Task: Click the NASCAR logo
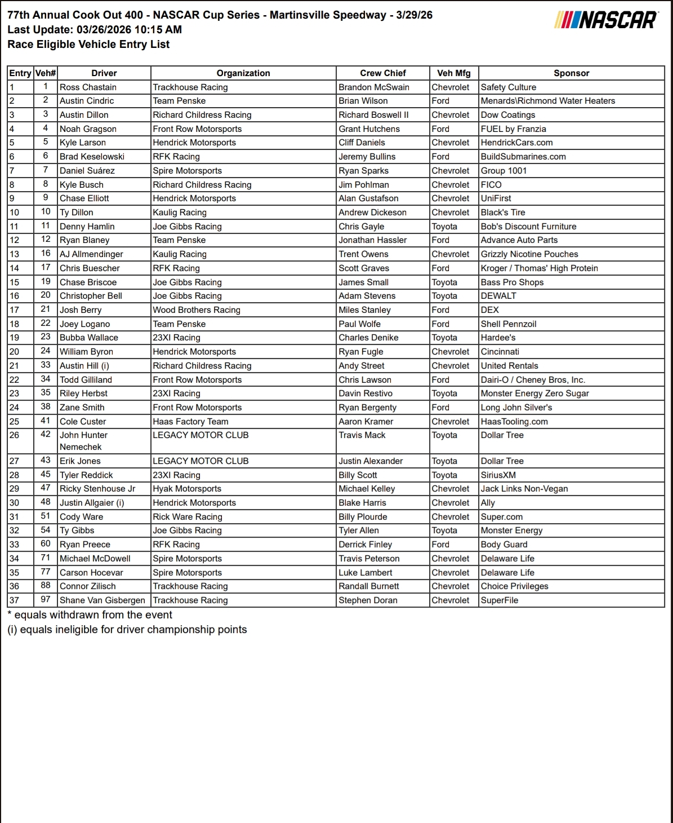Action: click(607, 20)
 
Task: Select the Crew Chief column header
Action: click(383, 73)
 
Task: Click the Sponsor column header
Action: click(571, 73)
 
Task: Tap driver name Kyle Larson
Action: click(83, 143)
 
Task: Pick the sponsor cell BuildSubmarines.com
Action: click(523, 157)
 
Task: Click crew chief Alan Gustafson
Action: click(368, 198)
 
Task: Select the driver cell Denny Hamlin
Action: click(87, 227)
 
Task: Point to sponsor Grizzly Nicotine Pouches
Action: click(529, 254)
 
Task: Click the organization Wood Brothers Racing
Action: click(197, 310)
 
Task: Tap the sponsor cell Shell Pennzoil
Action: click(509, 324)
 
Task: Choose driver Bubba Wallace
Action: click(89, 338)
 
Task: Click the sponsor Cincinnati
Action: click(500, 352)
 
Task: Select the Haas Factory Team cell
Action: click(191, 422)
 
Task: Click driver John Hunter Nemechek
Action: click(83, 441)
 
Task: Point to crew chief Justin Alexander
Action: click(371, 461)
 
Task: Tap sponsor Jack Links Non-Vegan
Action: click(524, 489)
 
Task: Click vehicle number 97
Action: click(46, 600)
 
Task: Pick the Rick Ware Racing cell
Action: click(188, 517)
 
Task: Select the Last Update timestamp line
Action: click(95, 30)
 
